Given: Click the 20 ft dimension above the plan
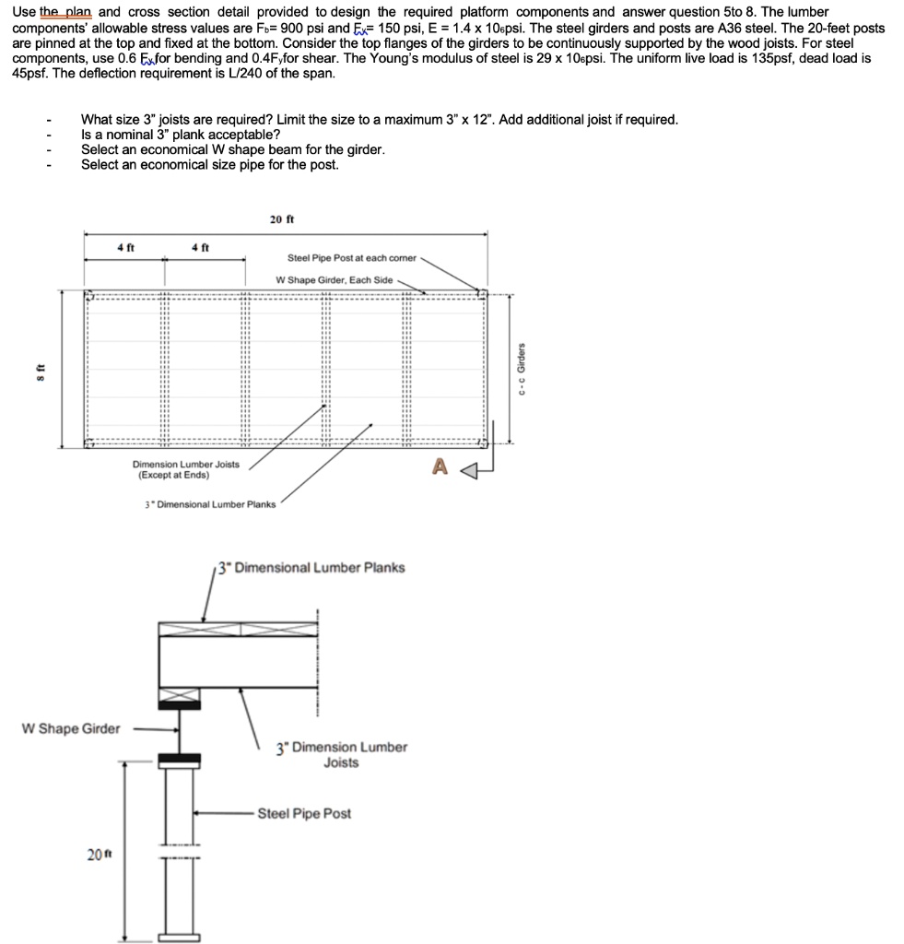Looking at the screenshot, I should tap(281, 219).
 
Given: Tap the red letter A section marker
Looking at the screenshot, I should tap(440, 468).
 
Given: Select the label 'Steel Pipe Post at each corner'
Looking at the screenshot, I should tap(352, 258).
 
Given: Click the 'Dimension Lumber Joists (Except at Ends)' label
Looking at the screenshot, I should tap(186, 470).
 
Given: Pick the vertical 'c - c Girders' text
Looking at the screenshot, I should tap(522, 370).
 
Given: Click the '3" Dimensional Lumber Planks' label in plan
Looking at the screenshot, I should tap(210, 504).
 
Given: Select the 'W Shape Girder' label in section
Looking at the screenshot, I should tap(71, 729).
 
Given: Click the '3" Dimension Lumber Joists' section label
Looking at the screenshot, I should tap(341, 754).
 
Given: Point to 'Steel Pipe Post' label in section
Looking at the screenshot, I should tap(304, 814).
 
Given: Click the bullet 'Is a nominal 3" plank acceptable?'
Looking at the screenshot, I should tap(174, 135).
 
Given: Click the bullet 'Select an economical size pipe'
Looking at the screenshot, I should tap(209, 165).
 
